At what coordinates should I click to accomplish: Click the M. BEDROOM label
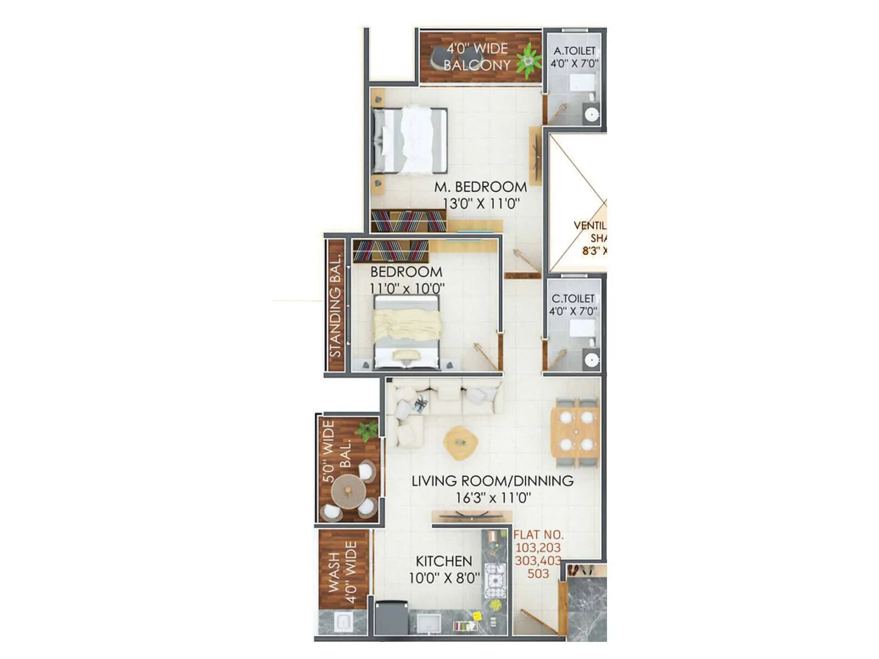coord(480,187)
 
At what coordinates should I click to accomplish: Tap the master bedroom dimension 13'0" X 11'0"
coord(481,204)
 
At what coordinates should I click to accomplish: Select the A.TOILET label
coord(574,51)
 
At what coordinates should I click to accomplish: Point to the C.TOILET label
coord(573,298)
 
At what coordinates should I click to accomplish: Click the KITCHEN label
coord(443,561)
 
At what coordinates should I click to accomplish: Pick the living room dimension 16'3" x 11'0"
coord(493,498)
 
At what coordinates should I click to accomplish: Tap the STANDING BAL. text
coord(335,306)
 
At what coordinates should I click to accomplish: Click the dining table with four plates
coord(575,431)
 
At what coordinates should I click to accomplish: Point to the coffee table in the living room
coord(460,442)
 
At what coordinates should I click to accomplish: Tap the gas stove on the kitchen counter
coord(495,580)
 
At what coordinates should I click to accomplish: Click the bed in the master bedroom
coord(410,140)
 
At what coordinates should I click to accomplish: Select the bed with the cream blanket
coord(407,331)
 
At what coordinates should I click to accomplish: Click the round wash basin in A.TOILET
coord(591,115)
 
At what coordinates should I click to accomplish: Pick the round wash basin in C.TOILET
coord(591,360)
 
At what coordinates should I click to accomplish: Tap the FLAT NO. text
coord(538,534)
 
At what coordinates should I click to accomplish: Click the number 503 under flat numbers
coord(538,573)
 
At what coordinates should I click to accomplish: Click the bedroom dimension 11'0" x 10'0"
coord(407,288)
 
